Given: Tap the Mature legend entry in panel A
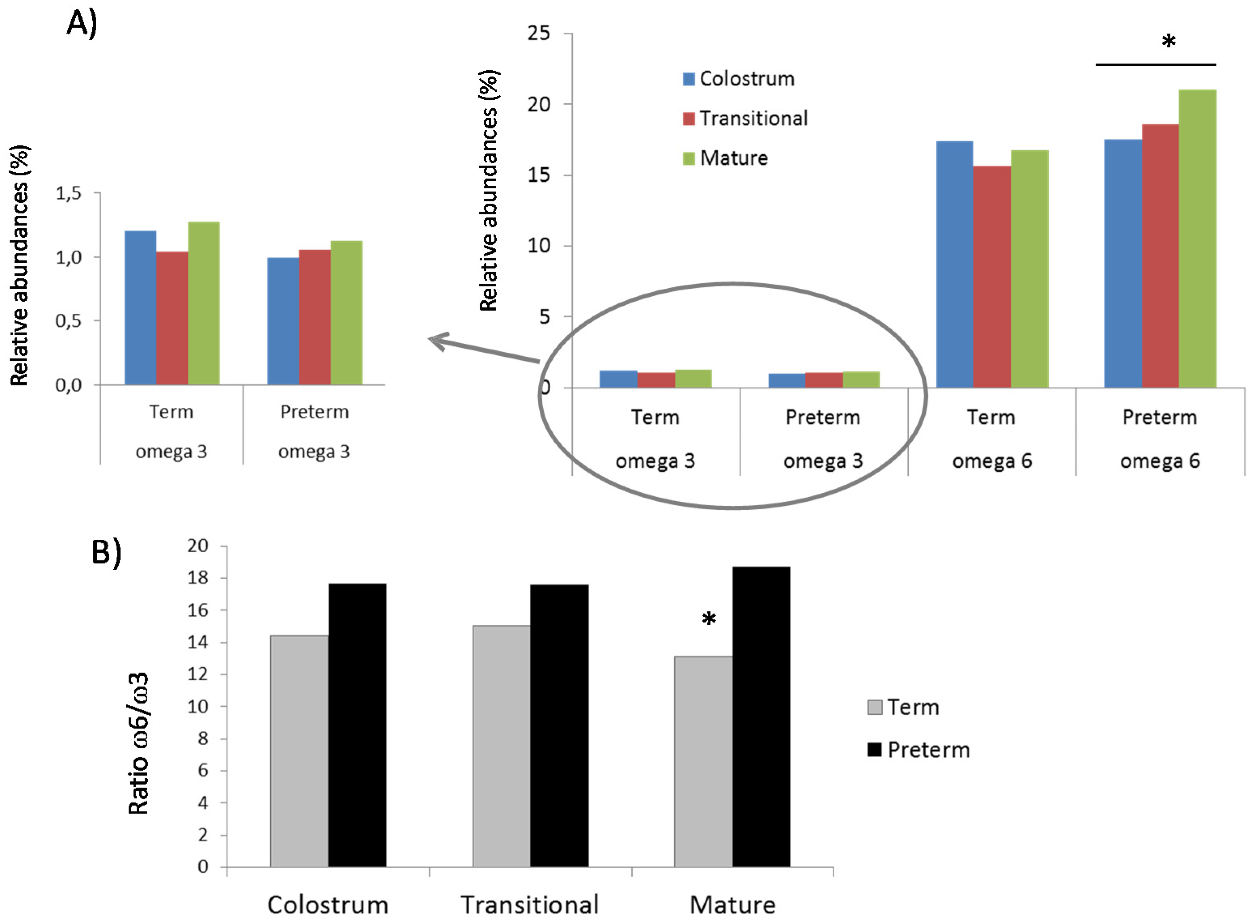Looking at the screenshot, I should [725, 158].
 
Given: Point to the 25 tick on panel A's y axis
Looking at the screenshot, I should [539, 34].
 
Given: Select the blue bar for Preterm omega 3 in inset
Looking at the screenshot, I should [283, 321].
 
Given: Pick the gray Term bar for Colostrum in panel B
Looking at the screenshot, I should [299, 751].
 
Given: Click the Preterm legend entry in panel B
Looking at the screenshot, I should [918, 750].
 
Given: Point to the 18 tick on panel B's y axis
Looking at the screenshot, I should [198, 578].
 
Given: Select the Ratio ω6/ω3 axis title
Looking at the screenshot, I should [138, 743].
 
